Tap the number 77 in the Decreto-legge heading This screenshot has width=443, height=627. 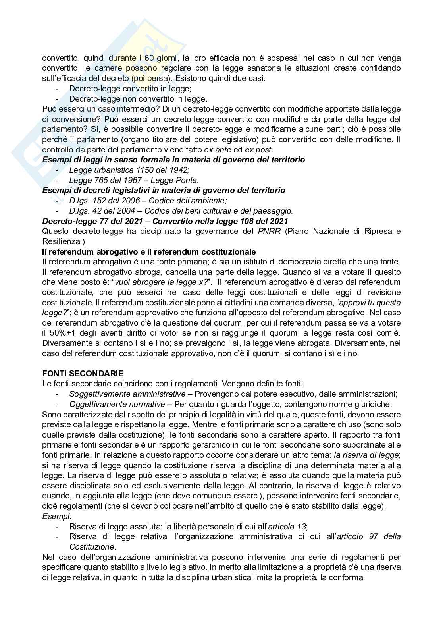click(89, 221)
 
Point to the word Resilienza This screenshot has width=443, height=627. click(60, 241)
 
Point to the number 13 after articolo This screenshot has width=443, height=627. click(302, 527)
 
